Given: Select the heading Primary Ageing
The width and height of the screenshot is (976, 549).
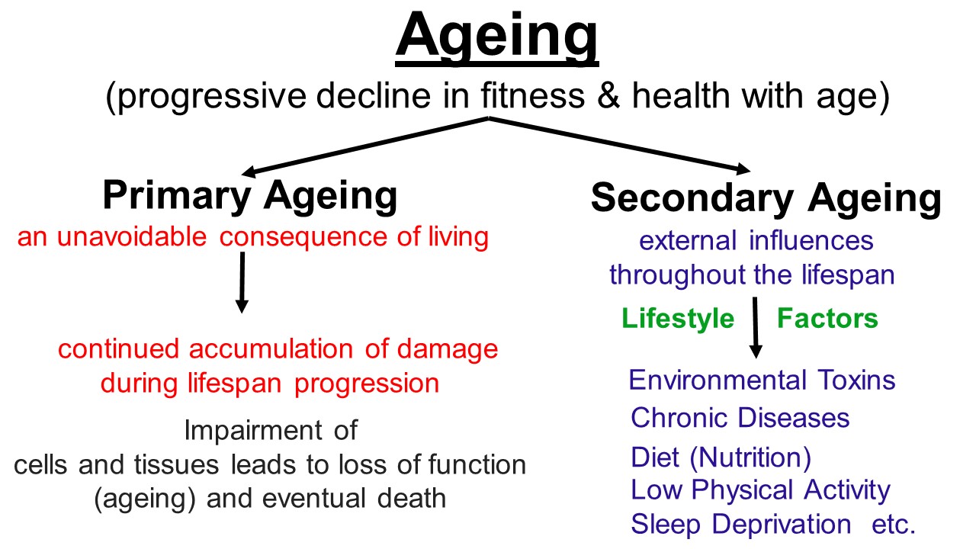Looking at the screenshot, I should (250, 196).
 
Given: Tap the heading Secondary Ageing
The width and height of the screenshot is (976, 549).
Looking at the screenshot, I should (766, 198).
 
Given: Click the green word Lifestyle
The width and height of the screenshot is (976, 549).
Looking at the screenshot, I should (678, 318).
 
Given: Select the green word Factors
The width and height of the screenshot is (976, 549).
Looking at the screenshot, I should (827, 318).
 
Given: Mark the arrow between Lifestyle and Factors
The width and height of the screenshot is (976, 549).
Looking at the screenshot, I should (756, 328).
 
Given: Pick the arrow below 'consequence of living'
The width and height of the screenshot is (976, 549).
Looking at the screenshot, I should (242, 282).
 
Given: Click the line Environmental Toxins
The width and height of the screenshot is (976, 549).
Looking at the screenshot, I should (762, 380).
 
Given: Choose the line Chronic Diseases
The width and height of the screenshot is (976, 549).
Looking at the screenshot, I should (740, 418).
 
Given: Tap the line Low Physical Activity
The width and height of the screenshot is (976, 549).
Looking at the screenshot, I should (760, 490).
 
